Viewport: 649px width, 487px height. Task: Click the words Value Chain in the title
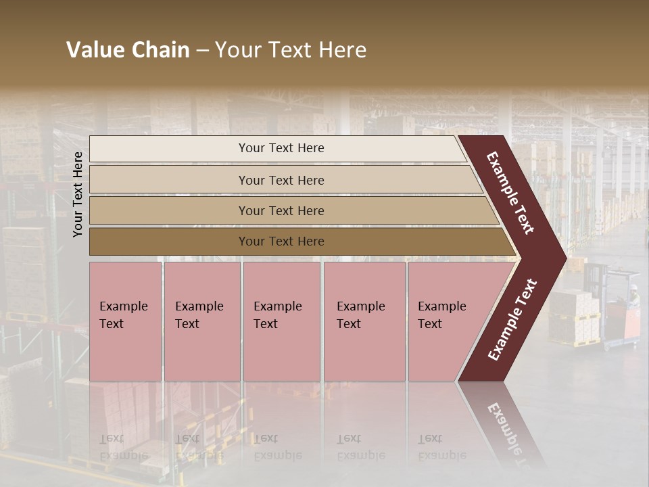(128, 50)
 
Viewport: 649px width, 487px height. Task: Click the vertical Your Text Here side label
(78, 194)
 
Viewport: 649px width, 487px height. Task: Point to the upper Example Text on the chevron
(510, 193)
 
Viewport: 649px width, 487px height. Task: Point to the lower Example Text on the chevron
(512, 319)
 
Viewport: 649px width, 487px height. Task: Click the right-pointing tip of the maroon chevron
(562, 258)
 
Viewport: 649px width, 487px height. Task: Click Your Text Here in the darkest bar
(281, 241)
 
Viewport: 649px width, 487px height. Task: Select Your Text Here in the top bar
(281, 148)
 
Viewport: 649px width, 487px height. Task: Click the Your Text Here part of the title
(291, 50)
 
